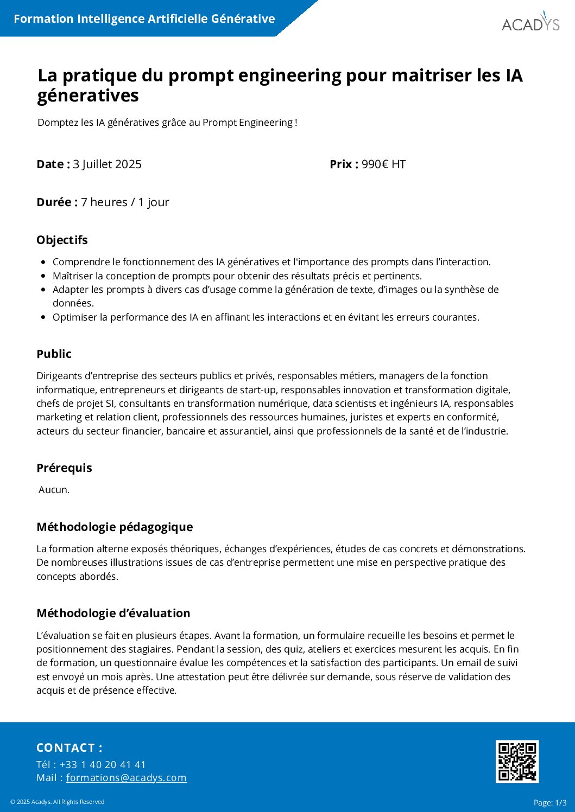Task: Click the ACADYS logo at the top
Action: [530, 23]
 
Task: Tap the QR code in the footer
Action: [517, 762]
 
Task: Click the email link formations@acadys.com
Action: [126, 778]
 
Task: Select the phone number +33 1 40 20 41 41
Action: [103, 764]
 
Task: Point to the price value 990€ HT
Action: [383, 164]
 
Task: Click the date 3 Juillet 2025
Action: [107, 164]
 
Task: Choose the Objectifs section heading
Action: [62, 240]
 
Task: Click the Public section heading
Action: [54, 354]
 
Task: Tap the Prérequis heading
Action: [64, 468]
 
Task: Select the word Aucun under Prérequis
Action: [54, 490]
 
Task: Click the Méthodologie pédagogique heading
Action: [115, 527]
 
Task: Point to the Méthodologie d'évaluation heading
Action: [113, 613]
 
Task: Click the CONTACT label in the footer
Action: [69, 747]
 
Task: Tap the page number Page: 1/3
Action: [550, 802]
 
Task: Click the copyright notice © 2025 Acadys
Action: [58, 802]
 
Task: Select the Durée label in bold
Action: [56, 202]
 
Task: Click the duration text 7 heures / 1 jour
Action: [125, 202]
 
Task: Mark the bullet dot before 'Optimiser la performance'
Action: [43, 317]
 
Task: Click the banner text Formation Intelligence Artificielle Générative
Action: [144, 19]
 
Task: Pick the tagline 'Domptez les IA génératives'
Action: [167, 123]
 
